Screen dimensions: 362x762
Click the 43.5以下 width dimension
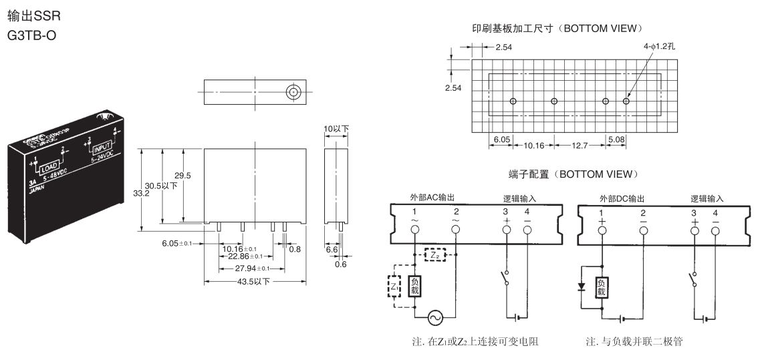tap(252, 281)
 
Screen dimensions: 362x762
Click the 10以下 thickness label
tap(337, 129)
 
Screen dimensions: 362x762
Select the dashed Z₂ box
tap(434, 254)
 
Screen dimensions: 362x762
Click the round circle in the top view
tap(291, 92)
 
